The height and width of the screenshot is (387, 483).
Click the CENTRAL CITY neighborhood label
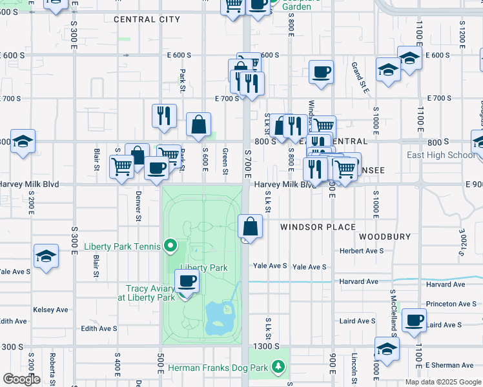pyautogui.click(x=147, y=19)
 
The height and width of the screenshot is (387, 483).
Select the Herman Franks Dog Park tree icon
pyautogui.click(x=278, y=368)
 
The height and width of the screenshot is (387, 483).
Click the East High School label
pyautogui.click(x=441, y=155)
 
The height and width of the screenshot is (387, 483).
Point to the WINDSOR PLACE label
pyautogui.click(x=318, y=227)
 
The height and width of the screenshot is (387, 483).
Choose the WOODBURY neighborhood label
pyautogui.click(x=385, y=237)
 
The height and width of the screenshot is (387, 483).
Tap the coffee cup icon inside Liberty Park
pyautogui.click(x=187, y=281)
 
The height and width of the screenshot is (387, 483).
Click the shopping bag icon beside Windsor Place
pyautogui.click(x=250, y=227)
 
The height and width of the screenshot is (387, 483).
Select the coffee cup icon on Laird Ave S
pyautogui.click(x=414, y=320)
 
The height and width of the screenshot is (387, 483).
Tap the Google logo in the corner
pyautogui.click(x=21, y=379)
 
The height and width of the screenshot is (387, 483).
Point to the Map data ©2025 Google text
pyautogui.click(x=443, y=382)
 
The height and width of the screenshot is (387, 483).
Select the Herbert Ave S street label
pyautogui.click(x=362, y=250)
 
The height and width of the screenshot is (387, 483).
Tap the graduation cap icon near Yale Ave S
pyautogui.click(x=46, y=256)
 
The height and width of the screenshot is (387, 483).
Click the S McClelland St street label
pyautogui.click(x=392, y=313)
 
